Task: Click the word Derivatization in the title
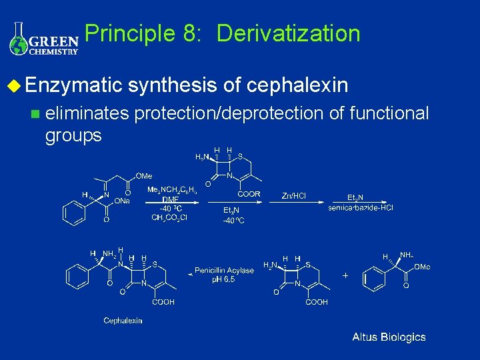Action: (288, 33)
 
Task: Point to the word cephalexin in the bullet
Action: (297, 85)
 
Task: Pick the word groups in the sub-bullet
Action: (73, 135)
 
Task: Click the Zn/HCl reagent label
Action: (294, 195)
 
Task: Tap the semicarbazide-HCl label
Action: (361, 207)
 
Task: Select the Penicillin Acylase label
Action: (224, 270)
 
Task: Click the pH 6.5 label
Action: (225, 280)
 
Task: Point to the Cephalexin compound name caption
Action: (123, 321)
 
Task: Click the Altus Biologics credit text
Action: (389, 337)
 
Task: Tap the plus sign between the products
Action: (345, 275)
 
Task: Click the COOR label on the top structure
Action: (249, 195)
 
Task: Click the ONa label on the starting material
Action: (121, 200)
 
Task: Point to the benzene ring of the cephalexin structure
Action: (76, 274)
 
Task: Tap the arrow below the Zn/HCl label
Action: (301, 202)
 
